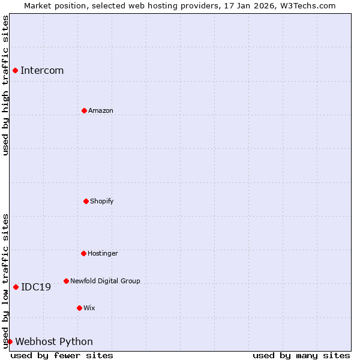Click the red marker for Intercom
coord(15,70)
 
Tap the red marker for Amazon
coord(84,110)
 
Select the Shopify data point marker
coord(86,201)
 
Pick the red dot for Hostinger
coord(83,253)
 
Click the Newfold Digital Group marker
coord(66,281)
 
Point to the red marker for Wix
coord(79,308)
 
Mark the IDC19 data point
coord(16,287)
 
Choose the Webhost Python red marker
coord(10,341)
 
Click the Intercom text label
coord(42,70)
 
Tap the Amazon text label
coord(101,110)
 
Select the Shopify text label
coord(102,201)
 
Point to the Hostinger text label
coord(103,253)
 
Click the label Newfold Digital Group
coord(105,281)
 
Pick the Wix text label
coord(89,308)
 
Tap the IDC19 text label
coord(36,287)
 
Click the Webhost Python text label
coord(54,341)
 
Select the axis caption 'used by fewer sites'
coord(62,355)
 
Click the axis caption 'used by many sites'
coord(301,355)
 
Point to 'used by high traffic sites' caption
coord(5,85)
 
